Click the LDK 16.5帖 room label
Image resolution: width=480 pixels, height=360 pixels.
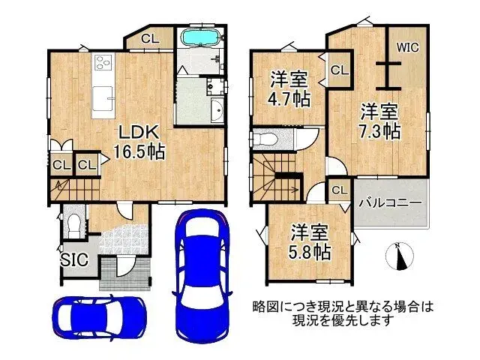(x=138, y=141)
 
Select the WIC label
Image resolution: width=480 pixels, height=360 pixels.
(x=407, y=46)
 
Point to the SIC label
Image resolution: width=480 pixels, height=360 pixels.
(x=73, y=259)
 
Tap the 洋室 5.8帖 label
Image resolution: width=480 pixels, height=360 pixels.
(x=310, y=242)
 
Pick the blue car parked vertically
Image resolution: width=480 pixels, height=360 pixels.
(x=196, y=270)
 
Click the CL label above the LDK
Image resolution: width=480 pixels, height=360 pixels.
(x=148, y=38)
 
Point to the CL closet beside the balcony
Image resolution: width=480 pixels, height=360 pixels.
(x=338, y=190)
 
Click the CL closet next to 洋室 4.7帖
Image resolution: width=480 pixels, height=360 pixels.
(x=337, y=70)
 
